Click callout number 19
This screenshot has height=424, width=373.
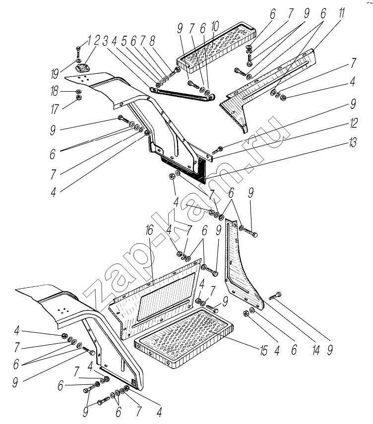[55, 73]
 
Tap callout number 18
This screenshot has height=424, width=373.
[55, 91]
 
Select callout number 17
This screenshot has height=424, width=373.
[55, 109]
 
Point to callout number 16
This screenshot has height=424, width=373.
[149, 230]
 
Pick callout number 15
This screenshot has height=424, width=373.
[263, 351]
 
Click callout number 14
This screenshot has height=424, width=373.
[316, 350]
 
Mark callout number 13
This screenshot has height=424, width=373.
[353, 142]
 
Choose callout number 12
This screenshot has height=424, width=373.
[354, 123]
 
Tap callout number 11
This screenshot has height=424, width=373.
[342, 13]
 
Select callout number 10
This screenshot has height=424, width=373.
[215, 27]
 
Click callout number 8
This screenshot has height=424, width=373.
[152, 41]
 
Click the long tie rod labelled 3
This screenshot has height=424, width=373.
[182, 93]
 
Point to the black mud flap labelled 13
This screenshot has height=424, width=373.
[184, 169]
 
